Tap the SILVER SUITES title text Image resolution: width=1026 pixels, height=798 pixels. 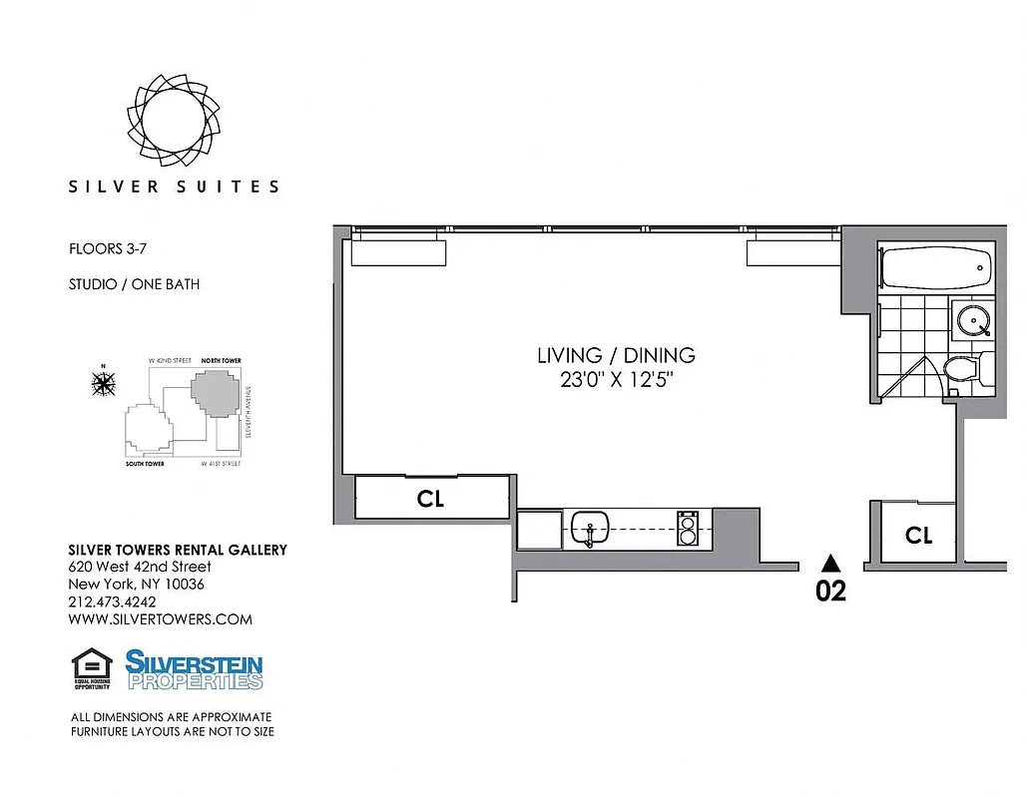click(174, 187)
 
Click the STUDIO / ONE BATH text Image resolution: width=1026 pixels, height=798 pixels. click(134, 284)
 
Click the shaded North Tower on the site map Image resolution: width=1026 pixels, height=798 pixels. click(217, 392)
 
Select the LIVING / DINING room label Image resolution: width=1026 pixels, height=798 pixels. click(616, 355)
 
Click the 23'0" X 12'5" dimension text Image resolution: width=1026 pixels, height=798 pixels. click(616, 380)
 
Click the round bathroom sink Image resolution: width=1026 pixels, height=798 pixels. click(969, 319)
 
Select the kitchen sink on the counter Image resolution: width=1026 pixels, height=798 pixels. click(592, 527)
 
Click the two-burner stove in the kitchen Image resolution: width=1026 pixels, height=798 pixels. click(688, 528)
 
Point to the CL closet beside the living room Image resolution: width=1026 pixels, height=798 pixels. click(431, 499)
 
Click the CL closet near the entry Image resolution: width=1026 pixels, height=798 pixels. click(918, 536)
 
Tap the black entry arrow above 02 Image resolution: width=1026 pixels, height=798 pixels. click(829, 563)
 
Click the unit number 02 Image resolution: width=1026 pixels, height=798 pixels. click(830, 591)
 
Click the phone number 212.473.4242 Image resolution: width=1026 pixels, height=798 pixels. click(112, 601)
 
